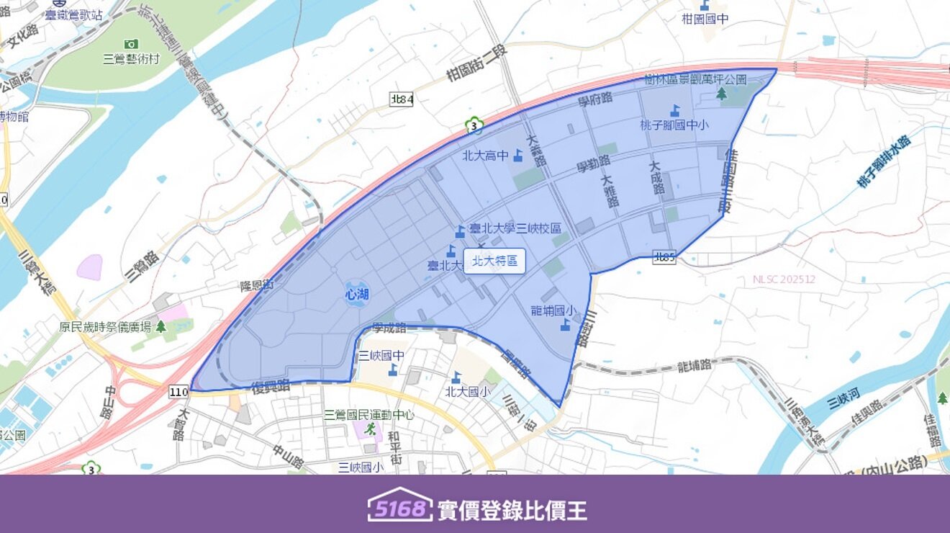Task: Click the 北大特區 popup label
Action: pyautogui.click(x=494, y=261)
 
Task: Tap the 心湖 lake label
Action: pyautogui.click(x=357, y=294)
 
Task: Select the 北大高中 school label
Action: pyautogui.click(x=485, y=155)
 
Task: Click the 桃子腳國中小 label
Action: pyautogui.click(x=674, y=125)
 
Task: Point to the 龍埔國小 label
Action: pyautogui.click(x=553, y=311)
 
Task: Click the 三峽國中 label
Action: pyautogui.click(x=381, y=356)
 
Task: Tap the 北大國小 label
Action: pyautogui.click(x=468, y=392)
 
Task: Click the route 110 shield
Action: pyautogui.click(x=179, y=392)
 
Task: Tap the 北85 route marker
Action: pyautogui.click(x=664, y=256)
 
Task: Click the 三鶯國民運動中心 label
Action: pyautogui.click(x=369, y=415)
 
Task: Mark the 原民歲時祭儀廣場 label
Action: pyautogui.click(x=105, y=327)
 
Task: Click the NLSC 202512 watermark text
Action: pyautogui.click(x=784, y=279)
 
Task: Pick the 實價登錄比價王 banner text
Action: pyautogui.click(x=512, y=510)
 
